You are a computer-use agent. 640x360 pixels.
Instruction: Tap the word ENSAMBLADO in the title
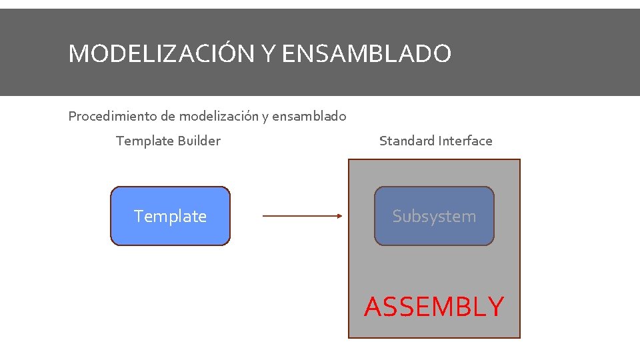point(367,53)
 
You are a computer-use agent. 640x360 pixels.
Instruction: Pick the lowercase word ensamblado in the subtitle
point(309,116)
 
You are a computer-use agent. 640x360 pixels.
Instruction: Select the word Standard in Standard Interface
point(407,141)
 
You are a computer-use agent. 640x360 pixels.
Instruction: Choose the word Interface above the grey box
point(465,141)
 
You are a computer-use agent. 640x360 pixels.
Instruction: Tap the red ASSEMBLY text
point(434,307)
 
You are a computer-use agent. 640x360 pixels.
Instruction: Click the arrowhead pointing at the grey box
point(338,216)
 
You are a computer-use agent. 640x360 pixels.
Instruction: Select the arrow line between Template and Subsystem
point(300,216)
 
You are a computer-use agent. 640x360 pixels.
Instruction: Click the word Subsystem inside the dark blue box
point(434,216)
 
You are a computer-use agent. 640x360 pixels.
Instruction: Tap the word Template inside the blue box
point(170,216)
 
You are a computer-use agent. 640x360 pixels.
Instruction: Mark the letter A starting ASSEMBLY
point(374,307)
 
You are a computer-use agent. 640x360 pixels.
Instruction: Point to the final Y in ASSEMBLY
point(494,307)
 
